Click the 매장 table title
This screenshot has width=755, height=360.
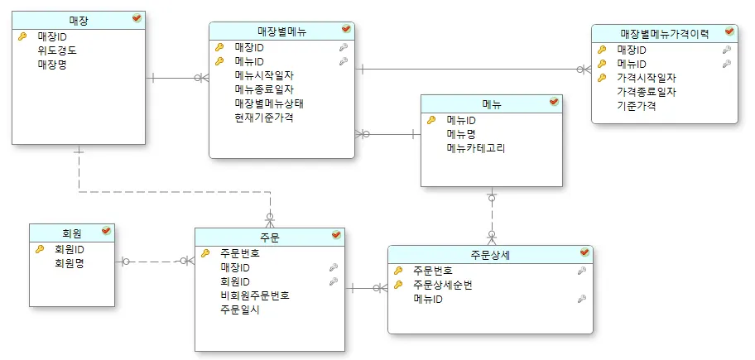click(79, 19)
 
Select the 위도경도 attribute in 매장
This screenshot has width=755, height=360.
click(57, 50)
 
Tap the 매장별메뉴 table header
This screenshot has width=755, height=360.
click(281, 31)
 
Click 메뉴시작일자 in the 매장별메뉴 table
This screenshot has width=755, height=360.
click(264, 75)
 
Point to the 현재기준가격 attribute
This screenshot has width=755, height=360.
click(264, 118)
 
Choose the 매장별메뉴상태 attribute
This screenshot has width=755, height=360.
click(270, 103)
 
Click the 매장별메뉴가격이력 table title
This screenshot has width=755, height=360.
click(664, 33)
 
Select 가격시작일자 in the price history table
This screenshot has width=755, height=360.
click(647, 78)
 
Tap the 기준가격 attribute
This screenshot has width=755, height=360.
click(637, 106)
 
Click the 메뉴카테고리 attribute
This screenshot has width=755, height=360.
click(475, 149)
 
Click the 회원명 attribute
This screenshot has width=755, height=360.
click(70, 263)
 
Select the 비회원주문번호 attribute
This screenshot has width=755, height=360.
click(254, 295)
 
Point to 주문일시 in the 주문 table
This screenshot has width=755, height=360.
click(240, 310)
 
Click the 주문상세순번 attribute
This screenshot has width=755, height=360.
click(443, 285)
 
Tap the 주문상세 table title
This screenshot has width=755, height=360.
click(489, 254)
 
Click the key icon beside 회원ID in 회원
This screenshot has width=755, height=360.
click(39, 249)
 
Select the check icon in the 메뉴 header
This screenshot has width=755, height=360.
click(554, 103)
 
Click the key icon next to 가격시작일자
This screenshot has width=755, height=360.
click(602, 78)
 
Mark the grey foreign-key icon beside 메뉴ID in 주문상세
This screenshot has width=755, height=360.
click(582, 299)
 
